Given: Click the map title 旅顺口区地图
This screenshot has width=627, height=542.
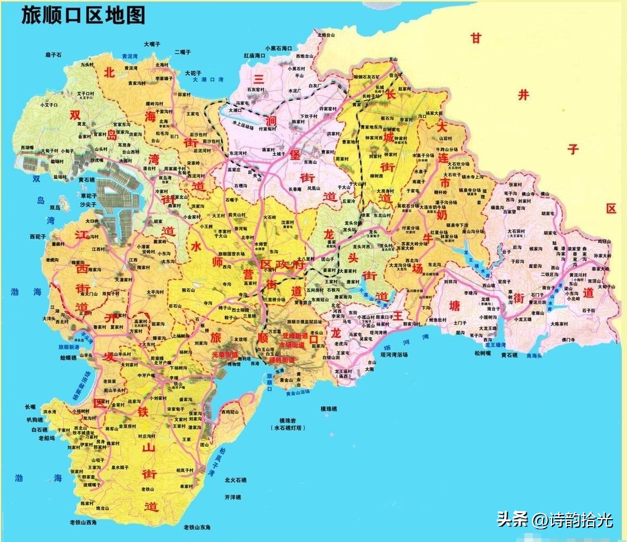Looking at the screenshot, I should tap(83, 15).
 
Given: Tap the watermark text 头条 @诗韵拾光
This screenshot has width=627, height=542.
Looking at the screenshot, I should tap(555, 519).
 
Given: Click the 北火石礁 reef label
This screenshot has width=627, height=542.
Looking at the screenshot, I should tap(236, 480).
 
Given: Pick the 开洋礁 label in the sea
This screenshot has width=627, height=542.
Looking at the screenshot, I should tap(232, 497).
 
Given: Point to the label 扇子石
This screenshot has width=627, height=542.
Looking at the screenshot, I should tap(53, 55).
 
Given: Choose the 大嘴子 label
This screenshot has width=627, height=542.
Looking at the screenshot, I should tap(152, 44).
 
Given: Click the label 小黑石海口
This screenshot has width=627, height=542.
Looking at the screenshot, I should tap(279, 48).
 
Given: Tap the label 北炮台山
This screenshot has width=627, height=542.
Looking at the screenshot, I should tap(326, 35).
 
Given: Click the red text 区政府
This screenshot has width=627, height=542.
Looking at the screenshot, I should tap(282, 264).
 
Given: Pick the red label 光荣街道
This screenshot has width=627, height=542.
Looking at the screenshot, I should tap(225, 354).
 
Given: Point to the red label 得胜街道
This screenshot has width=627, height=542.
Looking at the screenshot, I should tap(282, 360).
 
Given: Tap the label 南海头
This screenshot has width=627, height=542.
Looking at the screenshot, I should tap(533, 355).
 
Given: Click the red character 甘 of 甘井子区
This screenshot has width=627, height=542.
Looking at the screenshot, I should tap(475, 38).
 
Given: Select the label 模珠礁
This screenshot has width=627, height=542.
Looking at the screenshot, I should tap(328, 408).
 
